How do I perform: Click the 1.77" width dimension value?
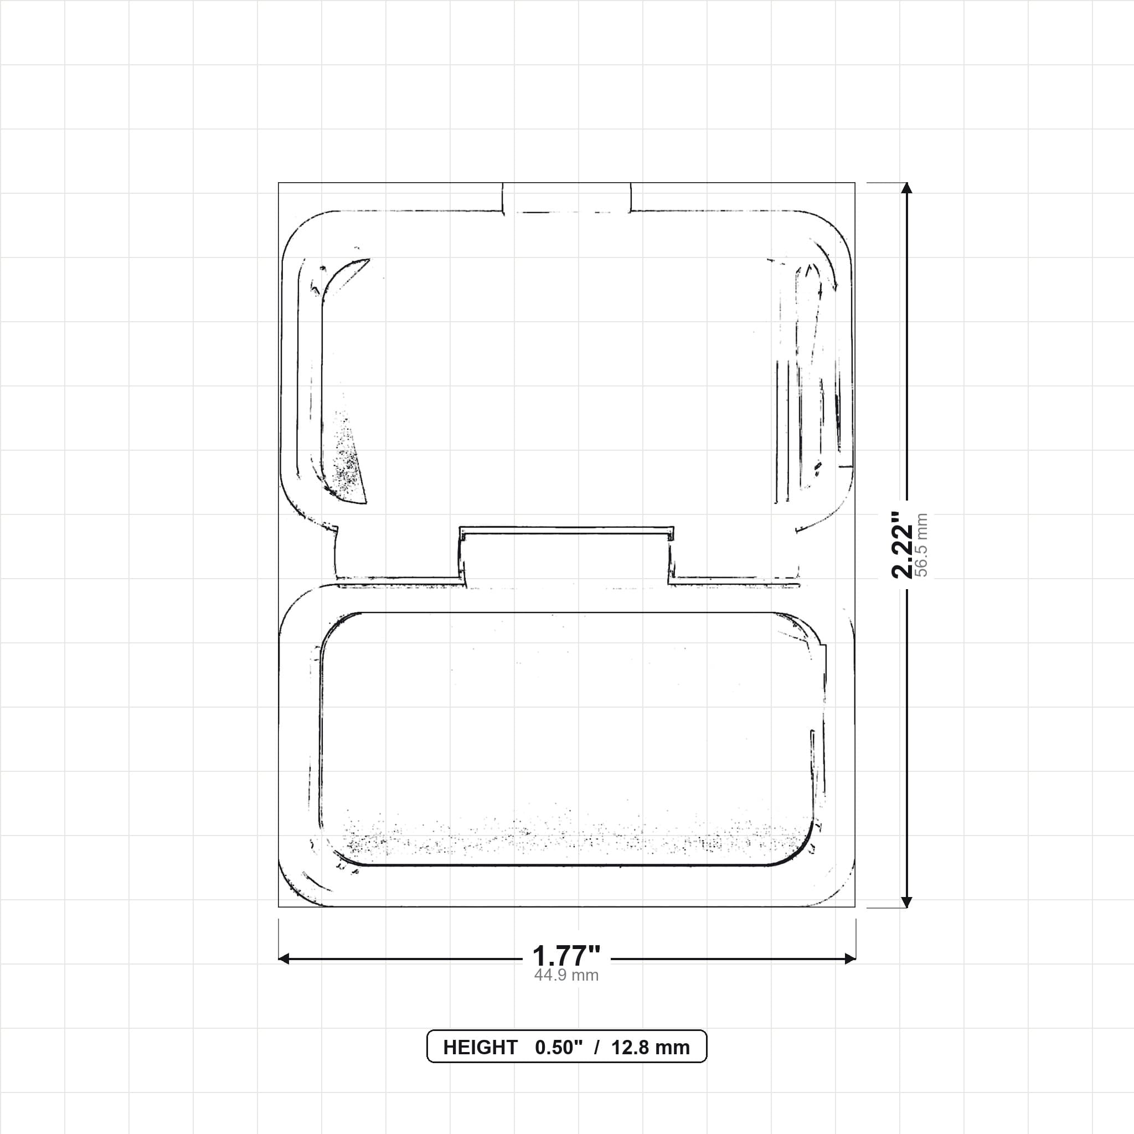point(566,956)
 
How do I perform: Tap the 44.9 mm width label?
point(566,976)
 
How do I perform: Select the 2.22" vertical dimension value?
point(902,545)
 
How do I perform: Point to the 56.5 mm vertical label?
point(921,545)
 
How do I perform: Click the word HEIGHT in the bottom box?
point(480,1048)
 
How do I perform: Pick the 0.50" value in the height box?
point(559,1048)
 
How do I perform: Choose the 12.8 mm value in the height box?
point(651,1048)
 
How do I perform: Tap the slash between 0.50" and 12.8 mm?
point(597,1048)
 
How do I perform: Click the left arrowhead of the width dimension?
point(283,959)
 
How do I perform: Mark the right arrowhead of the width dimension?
point(850,959)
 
